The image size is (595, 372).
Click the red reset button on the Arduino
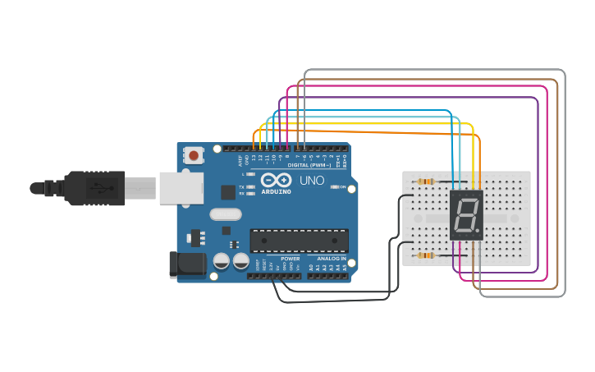(194, 154)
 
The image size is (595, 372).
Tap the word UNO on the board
(311, 181)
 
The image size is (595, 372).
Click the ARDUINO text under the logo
(276, 191)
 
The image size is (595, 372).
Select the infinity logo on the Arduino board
(276, 180)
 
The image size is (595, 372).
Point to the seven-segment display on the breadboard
(466, 215)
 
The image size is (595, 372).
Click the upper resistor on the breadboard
(425, 181)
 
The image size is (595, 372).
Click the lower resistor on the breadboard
(425, 255)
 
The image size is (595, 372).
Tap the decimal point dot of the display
(478, 232)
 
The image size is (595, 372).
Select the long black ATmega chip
(299, 240)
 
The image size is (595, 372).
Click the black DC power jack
(186, 264)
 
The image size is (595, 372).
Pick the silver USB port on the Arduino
(181, 188)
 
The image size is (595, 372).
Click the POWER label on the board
(291, 259)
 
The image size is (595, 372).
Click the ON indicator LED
(335, 186)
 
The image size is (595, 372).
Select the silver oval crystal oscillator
(226, 214)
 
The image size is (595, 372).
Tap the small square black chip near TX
(227, 192)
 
